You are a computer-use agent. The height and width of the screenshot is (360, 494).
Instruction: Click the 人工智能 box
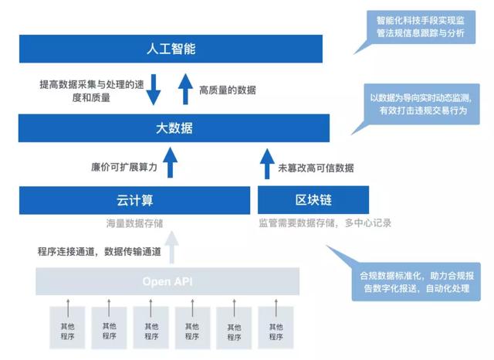[x=174, y=49]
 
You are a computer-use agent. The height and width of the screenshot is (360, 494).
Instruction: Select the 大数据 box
[x=174, y=127]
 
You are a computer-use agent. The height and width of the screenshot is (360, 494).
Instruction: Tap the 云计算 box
[x=135, y=201]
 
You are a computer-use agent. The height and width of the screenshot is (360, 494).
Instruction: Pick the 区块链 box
[x=313, y=201]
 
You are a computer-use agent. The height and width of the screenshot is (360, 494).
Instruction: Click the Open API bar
[x=167, y=281]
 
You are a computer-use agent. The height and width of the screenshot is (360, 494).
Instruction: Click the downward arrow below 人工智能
[x=154, y=88]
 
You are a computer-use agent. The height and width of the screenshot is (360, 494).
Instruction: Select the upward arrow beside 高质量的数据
[x=185, y=88]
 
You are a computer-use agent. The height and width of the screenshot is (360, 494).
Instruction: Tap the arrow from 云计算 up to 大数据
[x=171, y=165]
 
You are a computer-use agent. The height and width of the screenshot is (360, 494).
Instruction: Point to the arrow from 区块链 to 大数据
[x=266, y=165]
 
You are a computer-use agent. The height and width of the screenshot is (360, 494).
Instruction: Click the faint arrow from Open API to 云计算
[x=171, y=250]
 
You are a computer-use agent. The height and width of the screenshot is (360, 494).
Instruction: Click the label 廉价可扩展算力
[x=124, y=166]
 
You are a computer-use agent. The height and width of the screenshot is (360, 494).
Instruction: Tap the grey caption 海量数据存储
[x=134, y=223]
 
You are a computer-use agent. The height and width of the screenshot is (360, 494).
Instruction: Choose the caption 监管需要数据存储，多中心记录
[x=325, y=223]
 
